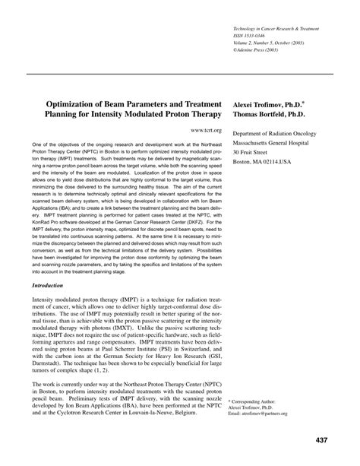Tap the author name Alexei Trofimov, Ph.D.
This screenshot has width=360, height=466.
click(267, 102)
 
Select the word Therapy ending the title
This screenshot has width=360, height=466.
click(201, 113)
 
